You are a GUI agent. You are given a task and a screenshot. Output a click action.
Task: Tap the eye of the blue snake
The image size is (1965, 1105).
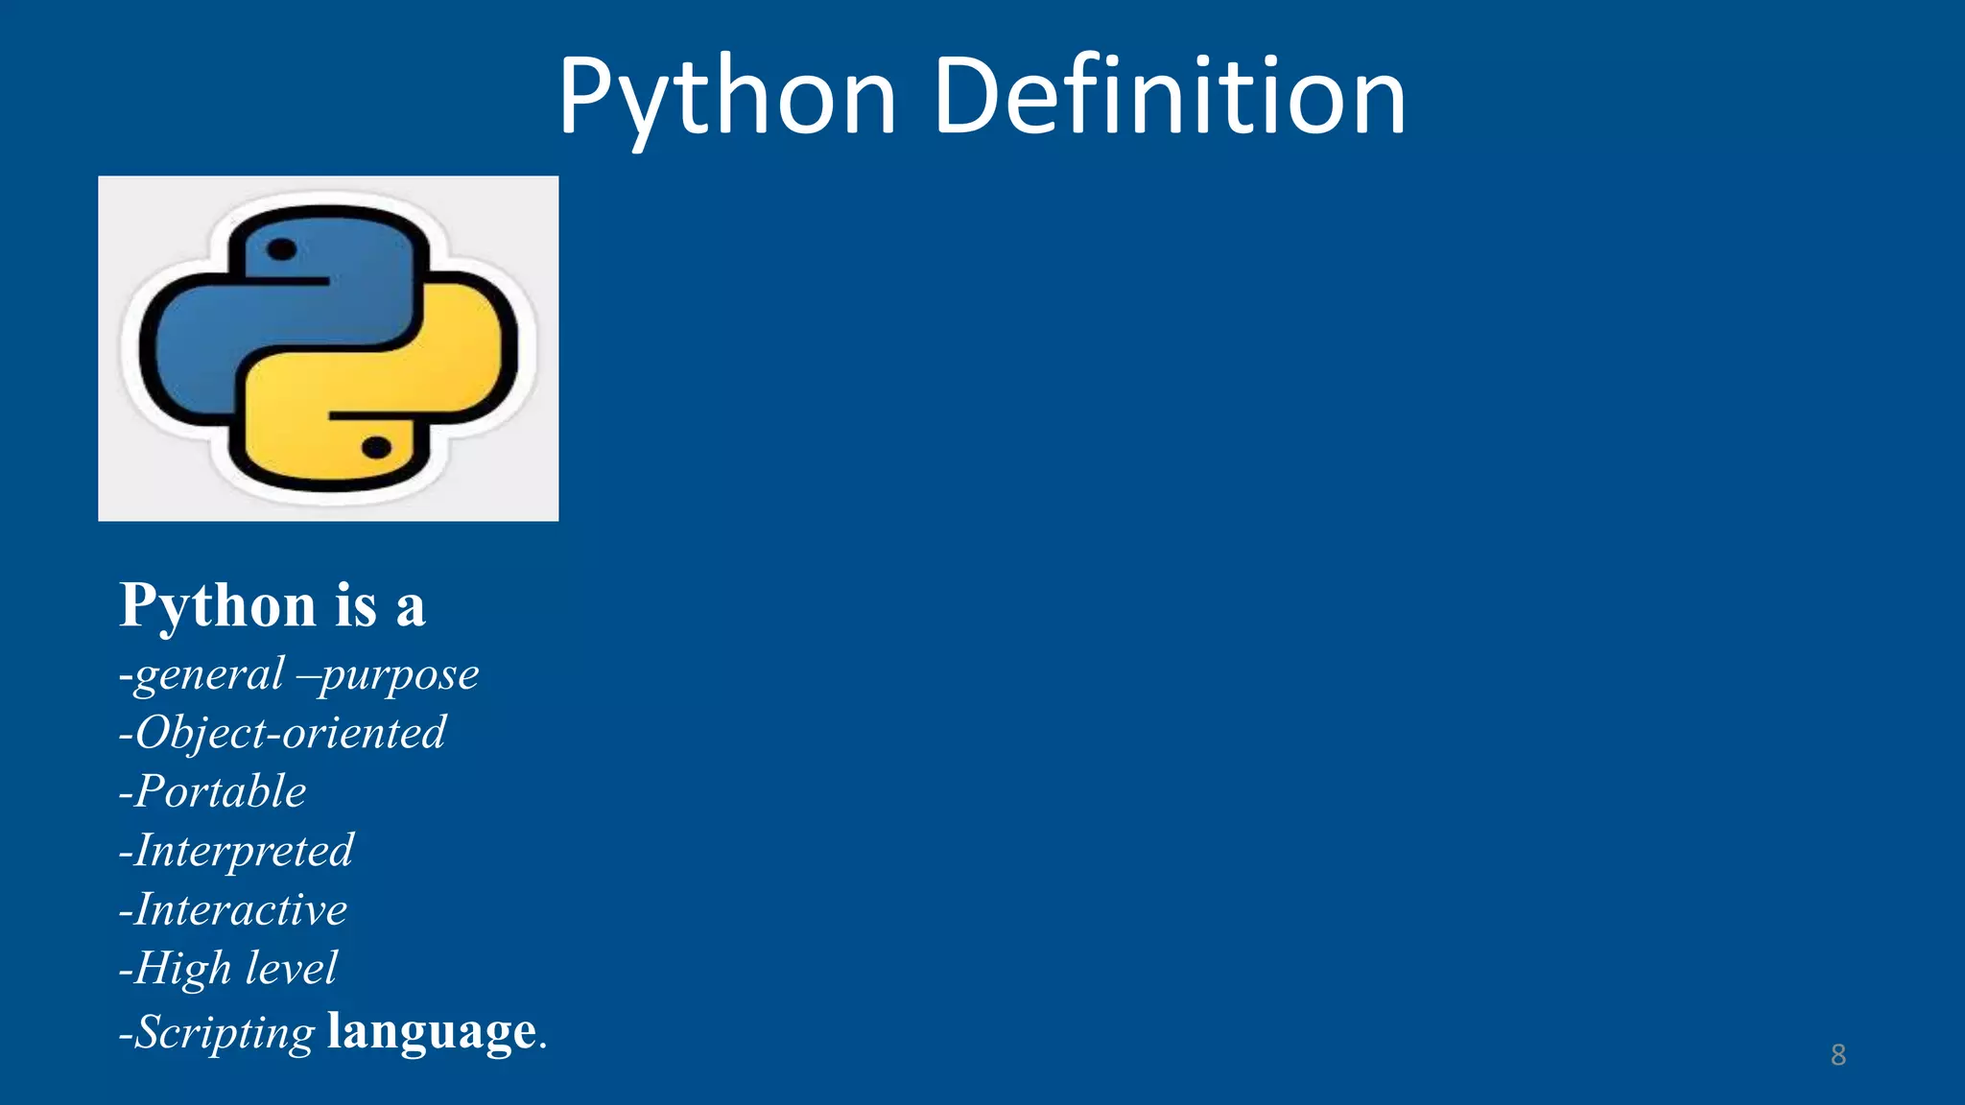(x=281, y=250)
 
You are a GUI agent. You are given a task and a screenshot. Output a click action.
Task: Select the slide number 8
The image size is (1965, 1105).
(x=1837, y=1055)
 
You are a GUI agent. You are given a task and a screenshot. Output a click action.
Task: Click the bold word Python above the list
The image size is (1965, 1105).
(x=218, y=607)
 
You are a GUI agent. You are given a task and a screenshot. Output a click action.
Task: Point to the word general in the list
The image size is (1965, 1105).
(x=209, y=675)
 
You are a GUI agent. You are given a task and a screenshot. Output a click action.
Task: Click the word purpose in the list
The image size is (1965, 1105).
(x=399, y=675)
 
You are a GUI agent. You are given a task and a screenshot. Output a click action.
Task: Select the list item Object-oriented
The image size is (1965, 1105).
(x=283, y=734)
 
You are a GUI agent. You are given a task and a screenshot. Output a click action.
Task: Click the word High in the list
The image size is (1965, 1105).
(x=183, y=969)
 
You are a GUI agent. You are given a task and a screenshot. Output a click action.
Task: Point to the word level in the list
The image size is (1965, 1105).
(x=292, y=968)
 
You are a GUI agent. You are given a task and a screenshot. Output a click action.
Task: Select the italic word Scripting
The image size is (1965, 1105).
(x=225, y=1033)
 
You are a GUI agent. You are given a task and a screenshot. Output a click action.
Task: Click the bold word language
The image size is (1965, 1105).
(x=432, y=1032)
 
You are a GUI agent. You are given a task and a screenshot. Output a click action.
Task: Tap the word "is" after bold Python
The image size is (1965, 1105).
(x=356, y=607)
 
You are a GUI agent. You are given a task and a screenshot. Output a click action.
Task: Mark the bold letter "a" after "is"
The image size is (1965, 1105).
(x=410, y=609)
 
